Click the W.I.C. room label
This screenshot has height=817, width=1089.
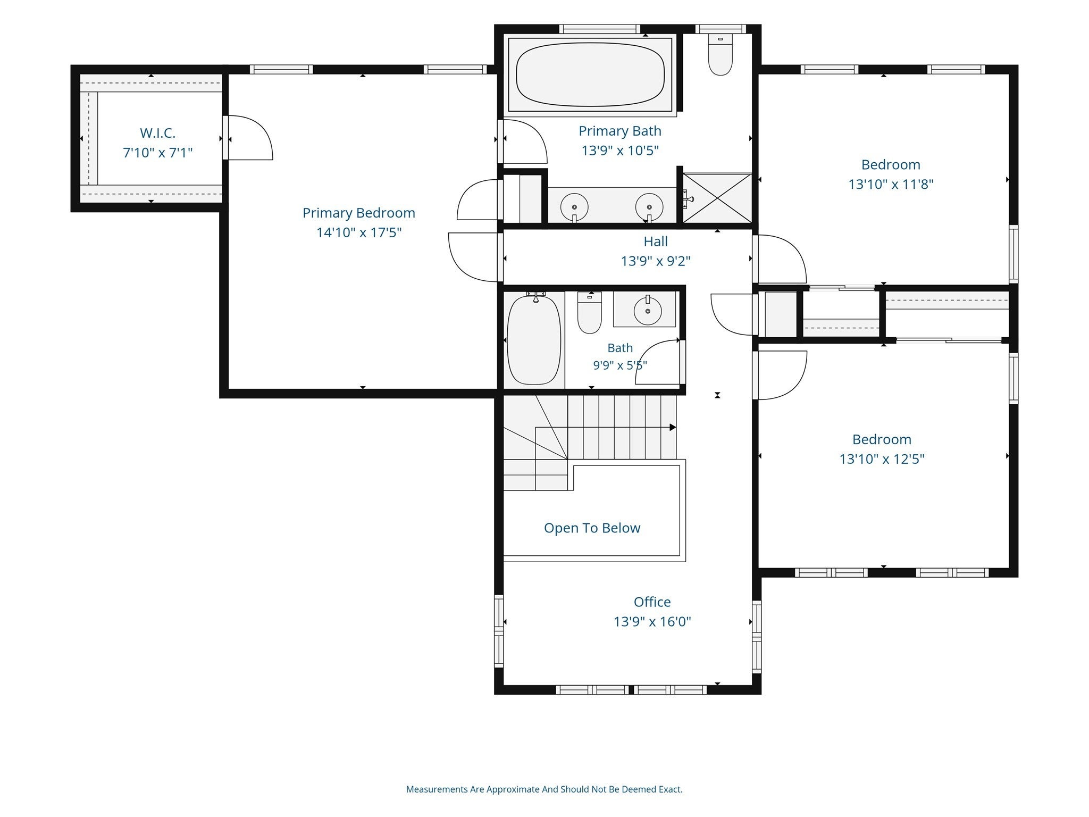(x=157, y=133)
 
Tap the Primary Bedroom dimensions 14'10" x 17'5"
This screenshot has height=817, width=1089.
(x=359, y=232)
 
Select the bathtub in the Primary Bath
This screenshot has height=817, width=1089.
(x=590, y=74)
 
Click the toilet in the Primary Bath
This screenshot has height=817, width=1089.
(x=721, y=55)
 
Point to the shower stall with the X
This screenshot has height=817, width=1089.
(x=717, y=198)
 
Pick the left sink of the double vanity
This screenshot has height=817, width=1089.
(x=574, y=206)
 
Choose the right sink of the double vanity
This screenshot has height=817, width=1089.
(x=649, y=206)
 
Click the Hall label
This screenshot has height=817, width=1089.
(x=656, y=241)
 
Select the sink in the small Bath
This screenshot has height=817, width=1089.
(x=648, y=311)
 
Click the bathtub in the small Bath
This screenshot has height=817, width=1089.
(x=534, y=339)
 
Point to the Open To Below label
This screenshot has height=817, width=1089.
(x=592, y=528)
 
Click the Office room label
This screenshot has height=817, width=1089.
(x=652, y=602)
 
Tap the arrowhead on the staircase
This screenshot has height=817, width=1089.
(x=673, y=427)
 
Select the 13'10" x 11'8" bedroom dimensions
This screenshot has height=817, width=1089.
(x=891, y=185)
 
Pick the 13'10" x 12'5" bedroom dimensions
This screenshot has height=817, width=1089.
(x=882, y=459)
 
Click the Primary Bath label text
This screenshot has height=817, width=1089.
(x=620, y=131)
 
